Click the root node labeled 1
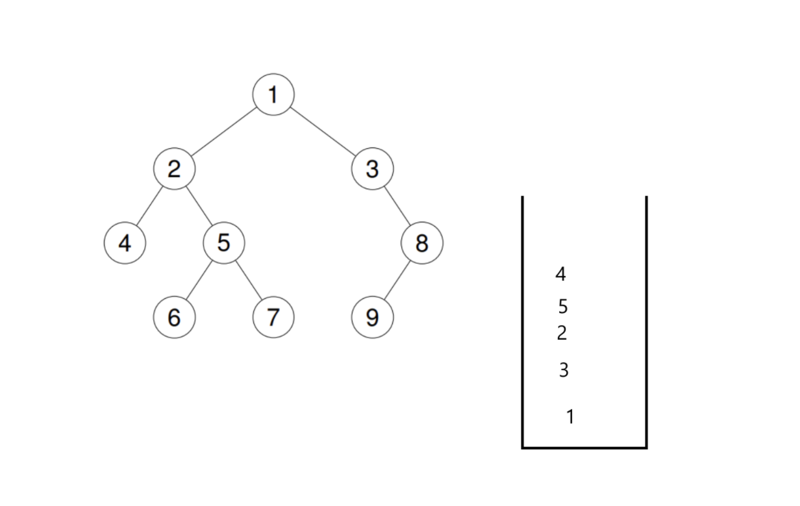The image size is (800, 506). coord(273,94)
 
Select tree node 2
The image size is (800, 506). coord(174,169)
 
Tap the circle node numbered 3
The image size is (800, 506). coord(372,169)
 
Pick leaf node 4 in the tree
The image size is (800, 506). coord(125,243)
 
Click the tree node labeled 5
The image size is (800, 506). coord(224,243)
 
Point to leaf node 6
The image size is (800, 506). coord(174,318)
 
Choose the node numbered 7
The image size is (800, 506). coord(273,318)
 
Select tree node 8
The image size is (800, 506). coord(422,243)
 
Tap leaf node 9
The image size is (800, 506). coord(372,318)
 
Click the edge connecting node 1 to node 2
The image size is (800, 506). coord(223,132)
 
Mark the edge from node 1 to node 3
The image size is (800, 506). coord(323,132)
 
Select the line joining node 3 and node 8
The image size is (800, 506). coord(397,206)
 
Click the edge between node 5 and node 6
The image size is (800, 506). coord(199,281)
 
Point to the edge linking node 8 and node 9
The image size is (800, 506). coord(397,281)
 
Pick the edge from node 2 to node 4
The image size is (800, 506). coord(149,206)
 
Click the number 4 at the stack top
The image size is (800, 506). coord(560,274)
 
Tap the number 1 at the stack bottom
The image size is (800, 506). coord(570,416)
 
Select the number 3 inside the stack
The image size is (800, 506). coord(564,370)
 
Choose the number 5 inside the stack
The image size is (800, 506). coord(562,306)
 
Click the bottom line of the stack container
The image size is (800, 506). coord(584,447)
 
